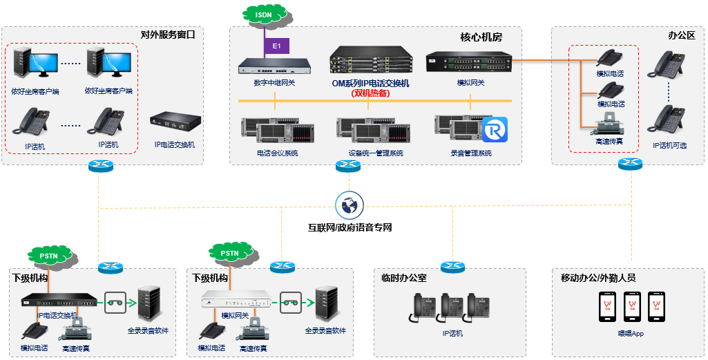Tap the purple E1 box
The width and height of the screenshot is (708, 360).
[x=276, y=46]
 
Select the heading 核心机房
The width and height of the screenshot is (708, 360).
[x=481, y=37]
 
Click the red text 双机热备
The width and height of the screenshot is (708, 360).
[x=370, y=93]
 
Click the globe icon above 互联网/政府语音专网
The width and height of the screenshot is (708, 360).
[x=349, y=205]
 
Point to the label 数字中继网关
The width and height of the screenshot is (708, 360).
[x=274, y=83]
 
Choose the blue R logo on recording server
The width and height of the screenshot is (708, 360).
[x=494, y=130]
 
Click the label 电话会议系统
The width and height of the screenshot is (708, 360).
[x=278, y=153]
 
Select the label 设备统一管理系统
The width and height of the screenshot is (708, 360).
[x=376, y=153]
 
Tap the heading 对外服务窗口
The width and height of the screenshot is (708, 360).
[x=168, y=34]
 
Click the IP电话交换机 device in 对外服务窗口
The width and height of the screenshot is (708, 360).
[x=175, y=123]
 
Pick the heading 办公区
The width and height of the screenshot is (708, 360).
[x=681, y=35]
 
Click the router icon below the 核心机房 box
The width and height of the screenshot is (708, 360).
[x=343, y=166]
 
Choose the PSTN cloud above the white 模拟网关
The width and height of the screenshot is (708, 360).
[x=229, y=254]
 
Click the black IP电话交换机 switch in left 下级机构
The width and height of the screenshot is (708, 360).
[x=58, y=300]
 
